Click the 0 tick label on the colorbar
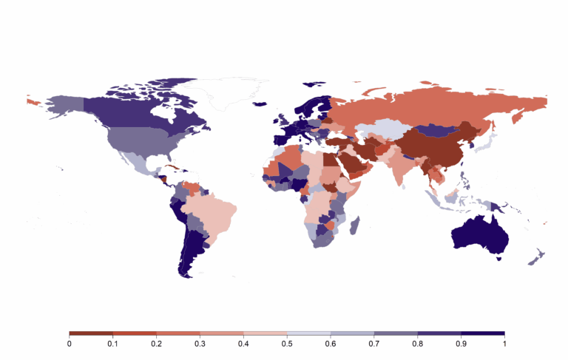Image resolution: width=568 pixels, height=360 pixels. [70, 344]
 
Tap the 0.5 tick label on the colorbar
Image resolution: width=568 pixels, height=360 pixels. [287, 344]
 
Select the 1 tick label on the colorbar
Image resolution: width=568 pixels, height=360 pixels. [504, 344]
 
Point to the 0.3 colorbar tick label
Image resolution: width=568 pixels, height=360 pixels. [200, 344]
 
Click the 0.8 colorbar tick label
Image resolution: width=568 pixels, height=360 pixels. [417, 344]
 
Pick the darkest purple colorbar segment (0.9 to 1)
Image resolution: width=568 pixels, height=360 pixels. [483, 333]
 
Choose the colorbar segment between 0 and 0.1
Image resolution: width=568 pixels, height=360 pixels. [91, 333]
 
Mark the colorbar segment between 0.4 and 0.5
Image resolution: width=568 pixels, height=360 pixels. [265, 333]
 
